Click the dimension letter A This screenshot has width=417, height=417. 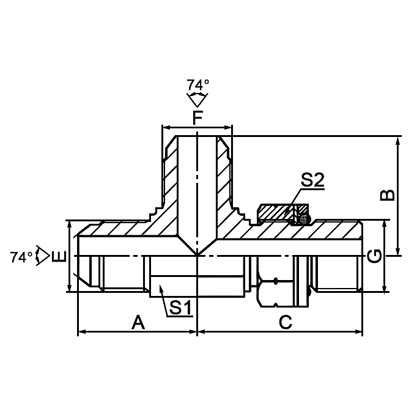coord(139,322)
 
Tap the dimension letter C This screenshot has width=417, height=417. coord(285,322)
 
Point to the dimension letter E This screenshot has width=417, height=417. coord(59,257)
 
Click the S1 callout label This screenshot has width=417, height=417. coord(180,308)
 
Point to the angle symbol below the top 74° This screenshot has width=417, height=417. coord(197,98)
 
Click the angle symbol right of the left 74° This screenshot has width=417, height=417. coord(42,256)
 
